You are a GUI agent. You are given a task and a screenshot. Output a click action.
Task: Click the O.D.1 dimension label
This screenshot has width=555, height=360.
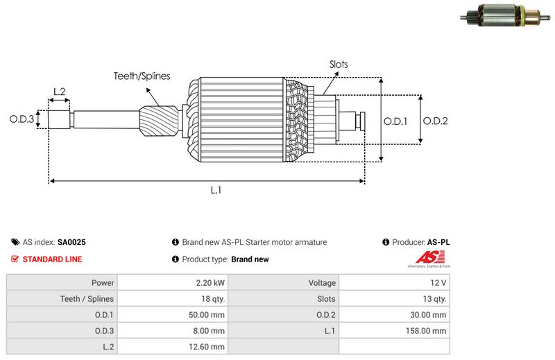[x=395, y=121]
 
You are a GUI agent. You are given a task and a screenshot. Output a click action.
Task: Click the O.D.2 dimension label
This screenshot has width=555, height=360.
[x=435, y=121]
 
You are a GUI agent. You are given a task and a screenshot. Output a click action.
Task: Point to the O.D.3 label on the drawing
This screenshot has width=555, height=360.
[x=22, y=119]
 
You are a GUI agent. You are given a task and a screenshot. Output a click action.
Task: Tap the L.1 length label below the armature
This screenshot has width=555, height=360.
[x=216, y=190]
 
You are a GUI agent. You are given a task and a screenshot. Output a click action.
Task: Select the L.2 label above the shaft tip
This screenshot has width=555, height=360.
[x=60, y=92]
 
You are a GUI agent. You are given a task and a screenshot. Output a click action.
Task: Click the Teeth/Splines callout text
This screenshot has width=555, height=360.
[x=142, y=76]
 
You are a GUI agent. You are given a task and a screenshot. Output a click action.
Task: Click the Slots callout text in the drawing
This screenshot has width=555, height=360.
[x=339, y=65]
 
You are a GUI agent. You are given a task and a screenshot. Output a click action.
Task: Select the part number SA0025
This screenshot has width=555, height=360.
[x=71, y=243]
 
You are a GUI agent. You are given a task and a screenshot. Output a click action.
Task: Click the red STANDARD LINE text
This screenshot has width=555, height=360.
[x=52, y=259]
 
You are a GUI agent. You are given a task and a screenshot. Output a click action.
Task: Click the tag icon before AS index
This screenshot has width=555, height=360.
[x=15, y=243]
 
